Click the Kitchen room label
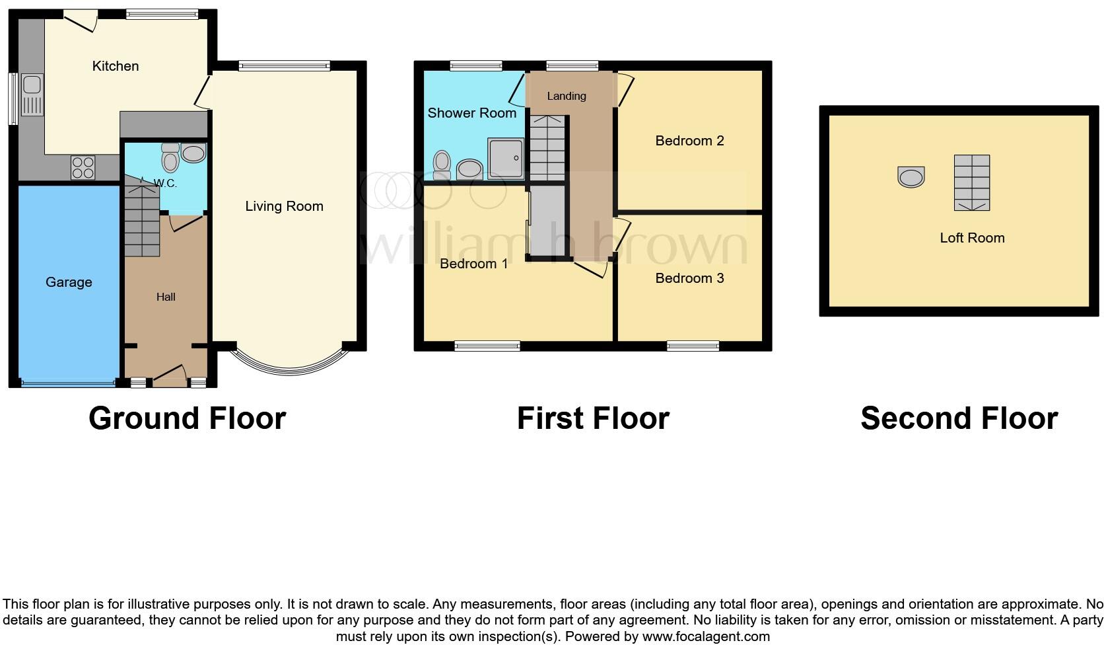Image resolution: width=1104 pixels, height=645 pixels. tap(116, 66)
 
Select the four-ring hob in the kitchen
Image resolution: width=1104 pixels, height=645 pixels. tap(83, 167)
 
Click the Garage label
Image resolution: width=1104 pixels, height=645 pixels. tap(69, 282)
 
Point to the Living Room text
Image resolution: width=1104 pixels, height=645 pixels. tap(284, 206)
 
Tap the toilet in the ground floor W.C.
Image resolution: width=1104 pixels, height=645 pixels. tap(170, 159)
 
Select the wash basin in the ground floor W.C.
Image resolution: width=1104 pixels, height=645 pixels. tap(193, 154)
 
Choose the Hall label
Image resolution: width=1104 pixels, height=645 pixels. tap(166, 297)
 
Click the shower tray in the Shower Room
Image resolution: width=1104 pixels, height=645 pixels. tap(506, 159)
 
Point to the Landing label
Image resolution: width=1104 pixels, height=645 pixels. tap(567, 96)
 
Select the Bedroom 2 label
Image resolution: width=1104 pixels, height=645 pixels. tap(689, 141)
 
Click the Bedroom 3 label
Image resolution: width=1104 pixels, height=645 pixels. tap(689, 278)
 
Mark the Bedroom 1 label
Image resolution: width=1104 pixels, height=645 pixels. tap(473, 264)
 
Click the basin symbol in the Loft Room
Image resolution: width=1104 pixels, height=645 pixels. tap(911, 176)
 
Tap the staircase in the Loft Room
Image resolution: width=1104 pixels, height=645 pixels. tap(971, 183)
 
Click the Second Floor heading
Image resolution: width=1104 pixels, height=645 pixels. tap(959, 418)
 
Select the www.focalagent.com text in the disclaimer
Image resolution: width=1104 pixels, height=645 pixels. tap(706, 636)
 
